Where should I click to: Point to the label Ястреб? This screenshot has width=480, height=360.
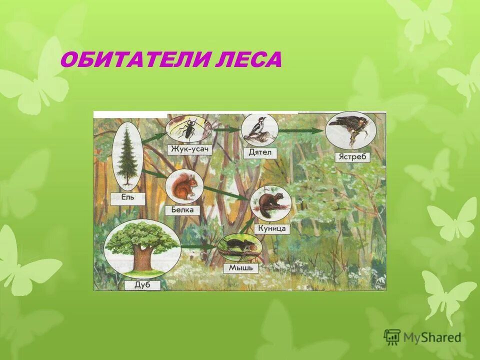[x=352, y=156]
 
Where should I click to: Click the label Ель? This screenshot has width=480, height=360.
[x=128, y=196]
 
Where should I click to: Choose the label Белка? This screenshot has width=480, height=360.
[x=183, y=209]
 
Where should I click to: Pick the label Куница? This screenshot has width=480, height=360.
[x=271, y=228]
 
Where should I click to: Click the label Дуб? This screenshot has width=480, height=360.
[x=140, y=285]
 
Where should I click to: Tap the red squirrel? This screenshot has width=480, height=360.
[x=183, y=187]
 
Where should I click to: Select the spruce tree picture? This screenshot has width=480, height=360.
[x=127, y=155]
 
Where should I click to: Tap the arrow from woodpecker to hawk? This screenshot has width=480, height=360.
[x=300, y=131]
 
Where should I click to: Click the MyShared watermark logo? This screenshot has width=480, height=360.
[x=423, y=337]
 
